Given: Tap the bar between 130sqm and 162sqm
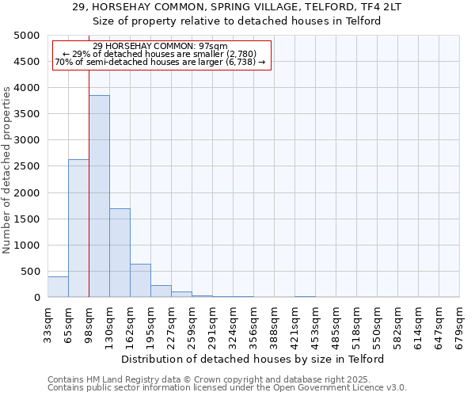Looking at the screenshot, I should coord(120,253).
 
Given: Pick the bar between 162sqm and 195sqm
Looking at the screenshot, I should coord(140,280).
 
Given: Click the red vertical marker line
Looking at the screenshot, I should coord(89,158).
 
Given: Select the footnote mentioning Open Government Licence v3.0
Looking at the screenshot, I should coord(226,387).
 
